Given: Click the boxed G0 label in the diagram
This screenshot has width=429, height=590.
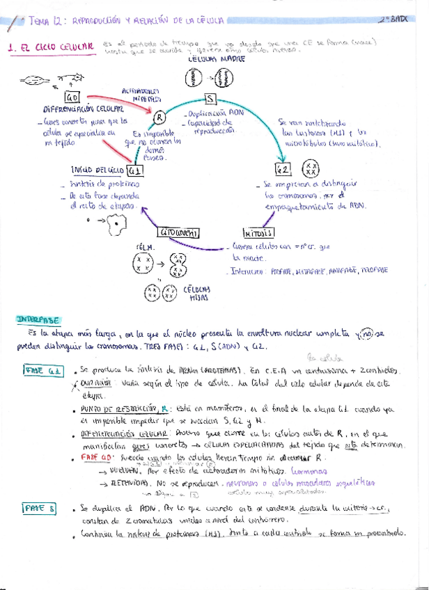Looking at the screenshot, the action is pyautogui.click(x=73, y=97).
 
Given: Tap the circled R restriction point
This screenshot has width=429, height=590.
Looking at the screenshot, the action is pyautogui.click(x=158, y=116).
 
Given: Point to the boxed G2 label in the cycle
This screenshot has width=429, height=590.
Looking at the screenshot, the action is pyautogui.click(x=283, y=170).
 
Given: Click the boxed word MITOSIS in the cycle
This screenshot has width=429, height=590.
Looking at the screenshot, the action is pyautogui.click(x=258, y=232).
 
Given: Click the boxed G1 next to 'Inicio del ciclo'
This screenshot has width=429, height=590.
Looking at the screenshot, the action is pyautogui.click(x=135, y=170).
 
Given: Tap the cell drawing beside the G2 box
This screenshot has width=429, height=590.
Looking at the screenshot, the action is pyautogui.click(x=313, y=170).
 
